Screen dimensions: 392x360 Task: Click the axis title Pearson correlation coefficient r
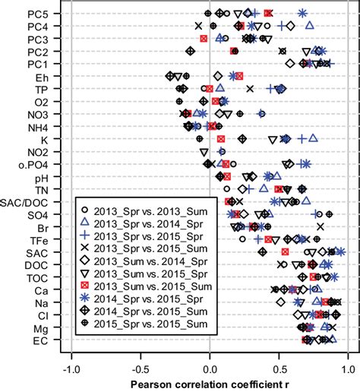[210, 383]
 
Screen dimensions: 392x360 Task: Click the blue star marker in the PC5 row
[302, 13]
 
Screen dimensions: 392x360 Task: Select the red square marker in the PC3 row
[203, 38]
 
